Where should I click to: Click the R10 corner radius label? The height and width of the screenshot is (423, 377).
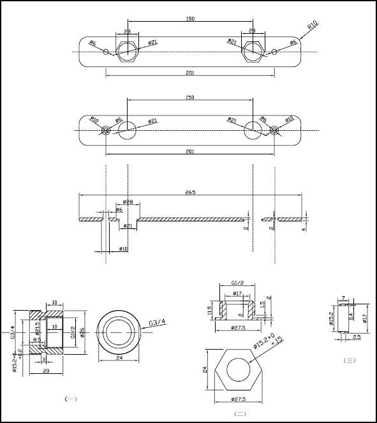312,27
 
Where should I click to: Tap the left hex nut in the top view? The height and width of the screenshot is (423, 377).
128,52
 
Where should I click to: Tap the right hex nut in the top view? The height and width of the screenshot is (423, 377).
253,52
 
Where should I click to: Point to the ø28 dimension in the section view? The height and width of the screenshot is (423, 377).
128,202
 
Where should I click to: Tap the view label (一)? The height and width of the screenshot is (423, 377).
71,399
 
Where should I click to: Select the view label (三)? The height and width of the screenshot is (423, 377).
349,361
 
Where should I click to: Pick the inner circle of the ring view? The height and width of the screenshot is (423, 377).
119,332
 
